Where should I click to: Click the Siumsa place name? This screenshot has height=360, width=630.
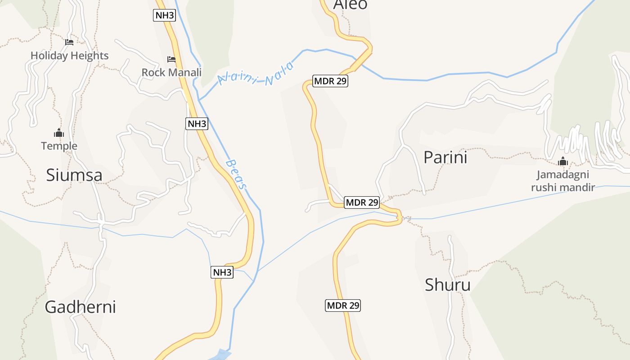click(74, 175)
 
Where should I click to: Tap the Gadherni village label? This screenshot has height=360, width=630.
click(80, 307)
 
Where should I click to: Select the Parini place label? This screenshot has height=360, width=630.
click(445, 157)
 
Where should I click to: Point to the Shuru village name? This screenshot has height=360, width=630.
click(448, 285)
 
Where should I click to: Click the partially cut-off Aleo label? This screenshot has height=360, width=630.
click(350, 4)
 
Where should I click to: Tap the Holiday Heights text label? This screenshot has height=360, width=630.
click(70, 56)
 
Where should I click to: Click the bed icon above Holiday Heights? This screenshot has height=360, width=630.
click(69, 42)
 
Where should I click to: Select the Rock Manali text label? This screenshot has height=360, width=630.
click(171, 72)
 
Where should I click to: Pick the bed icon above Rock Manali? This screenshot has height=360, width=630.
click(171, 59)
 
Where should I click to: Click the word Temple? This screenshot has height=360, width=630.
click(59, 146)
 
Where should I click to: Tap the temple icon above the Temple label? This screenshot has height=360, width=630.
click(59, 133)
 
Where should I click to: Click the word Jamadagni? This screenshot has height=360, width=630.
click(562, 175)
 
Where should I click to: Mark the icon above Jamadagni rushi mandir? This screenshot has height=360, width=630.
click(562, 161)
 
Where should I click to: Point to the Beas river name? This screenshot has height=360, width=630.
click(237, 174)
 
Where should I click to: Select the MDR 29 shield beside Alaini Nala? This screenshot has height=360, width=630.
click(331, 81)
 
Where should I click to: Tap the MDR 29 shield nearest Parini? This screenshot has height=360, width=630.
click(362, 202)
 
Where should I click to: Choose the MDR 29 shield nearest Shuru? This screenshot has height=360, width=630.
click(343, 306)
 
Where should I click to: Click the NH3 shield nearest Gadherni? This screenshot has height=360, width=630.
click(222, 272)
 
